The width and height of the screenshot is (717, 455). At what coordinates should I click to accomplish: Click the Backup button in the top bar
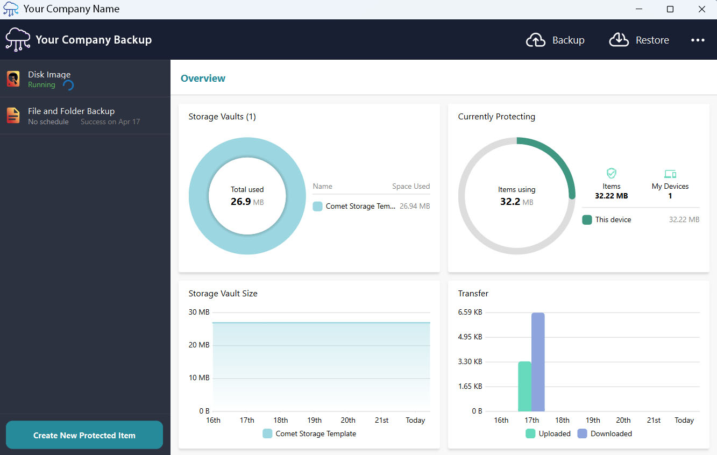pyautogui.click(x=555, y=40)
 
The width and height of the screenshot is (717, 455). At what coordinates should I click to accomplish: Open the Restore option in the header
pyautogui.click(x=639, y=40)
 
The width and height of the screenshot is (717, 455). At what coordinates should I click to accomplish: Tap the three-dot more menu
pyautogui.click(x=698, y=40)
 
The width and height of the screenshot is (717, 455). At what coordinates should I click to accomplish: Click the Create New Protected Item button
pyautogui.click(x=84, y=435)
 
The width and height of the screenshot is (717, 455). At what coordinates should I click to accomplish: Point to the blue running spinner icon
pyautogui.click(x=68, y=85)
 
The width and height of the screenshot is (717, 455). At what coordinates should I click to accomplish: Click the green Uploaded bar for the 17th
pyautogui.click(x=524, y=386)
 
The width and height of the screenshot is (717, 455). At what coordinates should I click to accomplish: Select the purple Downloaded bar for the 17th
pyautogui.click(x=538, y=362)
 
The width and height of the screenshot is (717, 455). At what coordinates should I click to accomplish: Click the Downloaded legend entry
pyautogui.click(x=605, y=433)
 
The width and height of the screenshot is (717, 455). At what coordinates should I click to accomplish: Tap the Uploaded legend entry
pyautogui.click(x=548, y=433)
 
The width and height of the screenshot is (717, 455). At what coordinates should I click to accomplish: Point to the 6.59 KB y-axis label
pyautogui.click(x=470, y=312)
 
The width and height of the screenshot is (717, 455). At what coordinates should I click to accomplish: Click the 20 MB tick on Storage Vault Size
pyautogui.click(x=199, y=345)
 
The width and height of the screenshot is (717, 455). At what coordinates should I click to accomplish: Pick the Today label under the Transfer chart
pyautogui.click(x=684, y=420)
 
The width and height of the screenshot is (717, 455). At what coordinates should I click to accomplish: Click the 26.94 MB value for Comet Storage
pyautogui.click(x=415, y=206)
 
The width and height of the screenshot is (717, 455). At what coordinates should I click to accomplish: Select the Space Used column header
pyautogui.click(x=411, y=186)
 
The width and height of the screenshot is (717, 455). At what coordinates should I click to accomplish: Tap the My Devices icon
pyautogui.click(x=670, y=174)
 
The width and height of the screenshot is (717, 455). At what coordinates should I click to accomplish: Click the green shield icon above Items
pyautogui.click(x=612, y=173)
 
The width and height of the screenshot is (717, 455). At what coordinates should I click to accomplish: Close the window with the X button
pyautogui.click(x=701, y=9)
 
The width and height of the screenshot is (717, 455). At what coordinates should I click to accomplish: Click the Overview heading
pyautogui.click(x=203, y=78)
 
